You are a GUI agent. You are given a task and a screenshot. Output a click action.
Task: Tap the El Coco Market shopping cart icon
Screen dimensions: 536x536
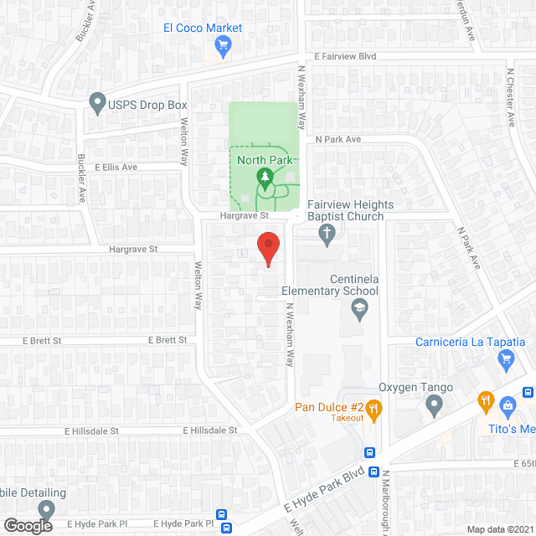click(223, 46)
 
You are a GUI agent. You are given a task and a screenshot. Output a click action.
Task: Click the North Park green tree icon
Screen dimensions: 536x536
click(265, 177)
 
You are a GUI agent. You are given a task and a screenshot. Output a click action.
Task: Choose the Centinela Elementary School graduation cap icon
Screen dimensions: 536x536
click(358, 310)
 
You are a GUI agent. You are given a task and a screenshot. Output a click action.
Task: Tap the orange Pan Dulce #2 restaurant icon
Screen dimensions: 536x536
click(374, 410)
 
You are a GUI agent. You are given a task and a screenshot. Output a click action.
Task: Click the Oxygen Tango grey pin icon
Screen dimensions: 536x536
click(434, 406)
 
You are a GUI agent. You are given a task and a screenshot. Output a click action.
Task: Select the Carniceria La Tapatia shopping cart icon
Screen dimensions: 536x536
click(505, 360)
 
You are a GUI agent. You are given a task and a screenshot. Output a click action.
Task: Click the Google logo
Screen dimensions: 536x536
click(28, 525)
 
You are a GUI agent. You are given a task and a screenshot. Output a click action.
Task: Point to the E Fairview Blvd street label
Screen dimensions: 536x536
click(346, 56)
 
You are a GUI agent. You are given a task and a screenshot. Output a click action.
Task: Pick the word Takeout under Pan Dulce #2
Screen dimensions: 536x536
click(347, 418)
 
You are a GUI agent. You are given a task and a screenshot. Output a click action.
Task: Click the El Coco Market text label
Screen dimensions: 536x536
click(203, 28)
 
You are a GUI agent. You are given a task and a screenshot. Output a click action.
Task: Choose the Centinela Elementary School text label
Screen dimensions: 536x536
click(330, 285)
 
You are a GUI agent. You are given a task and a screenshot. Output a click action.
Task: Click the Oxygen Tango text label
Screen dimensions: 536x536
click(416, 388)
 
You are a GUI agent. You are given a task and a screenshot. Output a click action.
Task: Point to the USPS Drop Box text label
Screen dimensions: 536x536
click(147, 106)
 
